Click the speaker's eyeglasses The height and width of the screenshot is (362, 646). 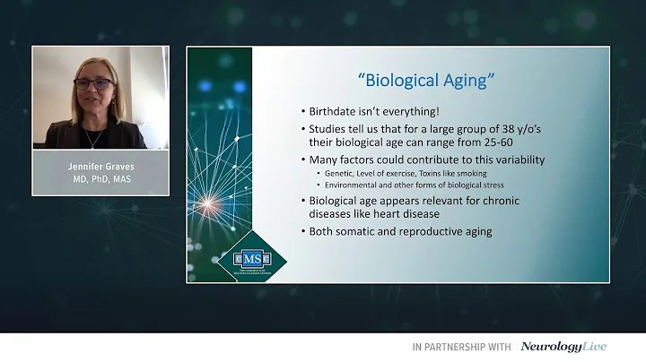click(x=92, y=83)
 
